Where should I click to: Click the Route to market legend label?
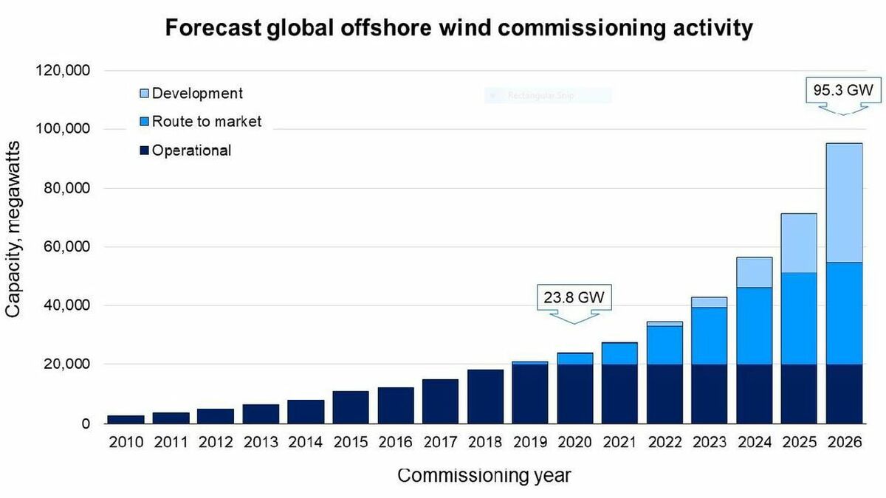click(207, 122)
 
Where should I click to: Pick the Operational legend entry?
click(191, 151)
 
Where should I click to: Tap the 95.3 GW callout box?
click(842, 92)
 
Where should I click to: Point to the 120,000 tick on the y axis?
click(63, 71)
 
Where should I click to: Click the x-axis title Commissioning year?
click(484, 476)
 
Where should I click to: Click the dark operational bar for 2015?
click(351, 407)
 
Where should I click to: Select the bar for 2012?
click(216, 416)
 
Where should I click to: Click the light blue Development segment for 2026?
click(844, 203)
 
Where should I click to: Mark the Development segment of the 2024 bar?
click(754, 272)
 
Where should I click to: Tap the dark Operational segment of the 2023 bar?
click(710, 394)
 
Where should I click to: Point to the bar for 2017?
click(440, 401)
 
